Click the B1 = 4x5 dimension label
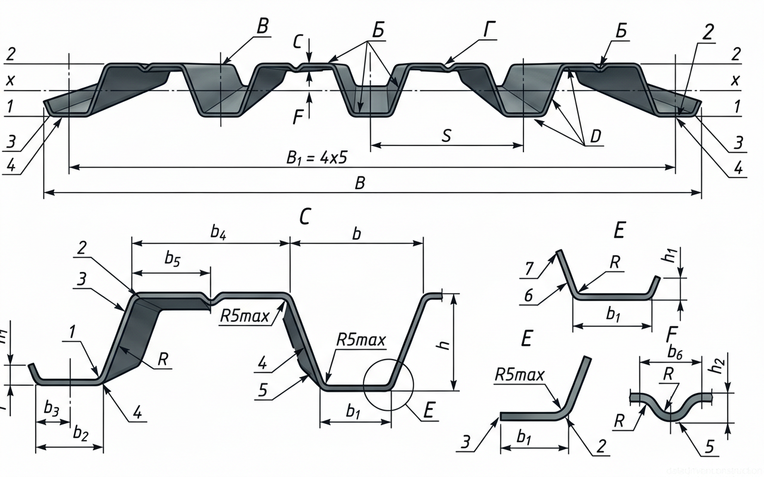pos(317,158)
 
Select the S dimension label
pos(446,135)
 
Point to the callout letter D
pos(595,137)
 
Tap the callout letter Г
pos(489,30)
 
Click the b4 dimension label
pos(218,233)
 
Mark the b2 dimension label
pos(81,433)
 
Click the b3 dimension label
pos(51,408)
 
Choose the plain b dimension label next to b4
pos(356,233)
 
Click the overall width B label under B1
pos(359,183)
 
